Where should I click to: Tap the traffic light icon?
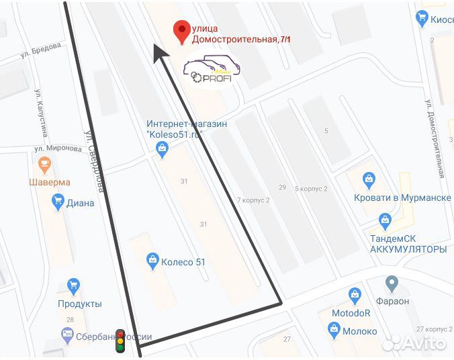click(120, 341)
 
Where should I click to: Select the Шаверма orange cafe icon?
click(45, 163)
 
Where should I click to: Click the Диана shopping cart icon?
click(58, 201)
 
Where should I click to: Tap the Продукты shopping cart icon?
click(74, 287)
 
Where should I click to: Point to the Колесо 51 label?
click(183, 263)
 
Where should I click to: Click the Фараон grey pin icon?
click(392, 283)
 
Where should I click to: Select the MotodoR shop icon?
click(355, 295)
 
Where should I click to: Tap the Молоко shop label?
click(360, 331)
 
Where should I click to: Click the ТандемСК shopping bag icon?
click(385, 219)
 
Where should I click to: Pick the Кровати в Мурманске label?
click(402, 198)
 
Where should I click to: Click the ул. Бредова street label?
click(43, 49)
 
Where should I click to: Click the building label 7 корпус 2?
click(253, 200)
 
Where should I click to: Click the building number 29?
click(282, 186)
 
